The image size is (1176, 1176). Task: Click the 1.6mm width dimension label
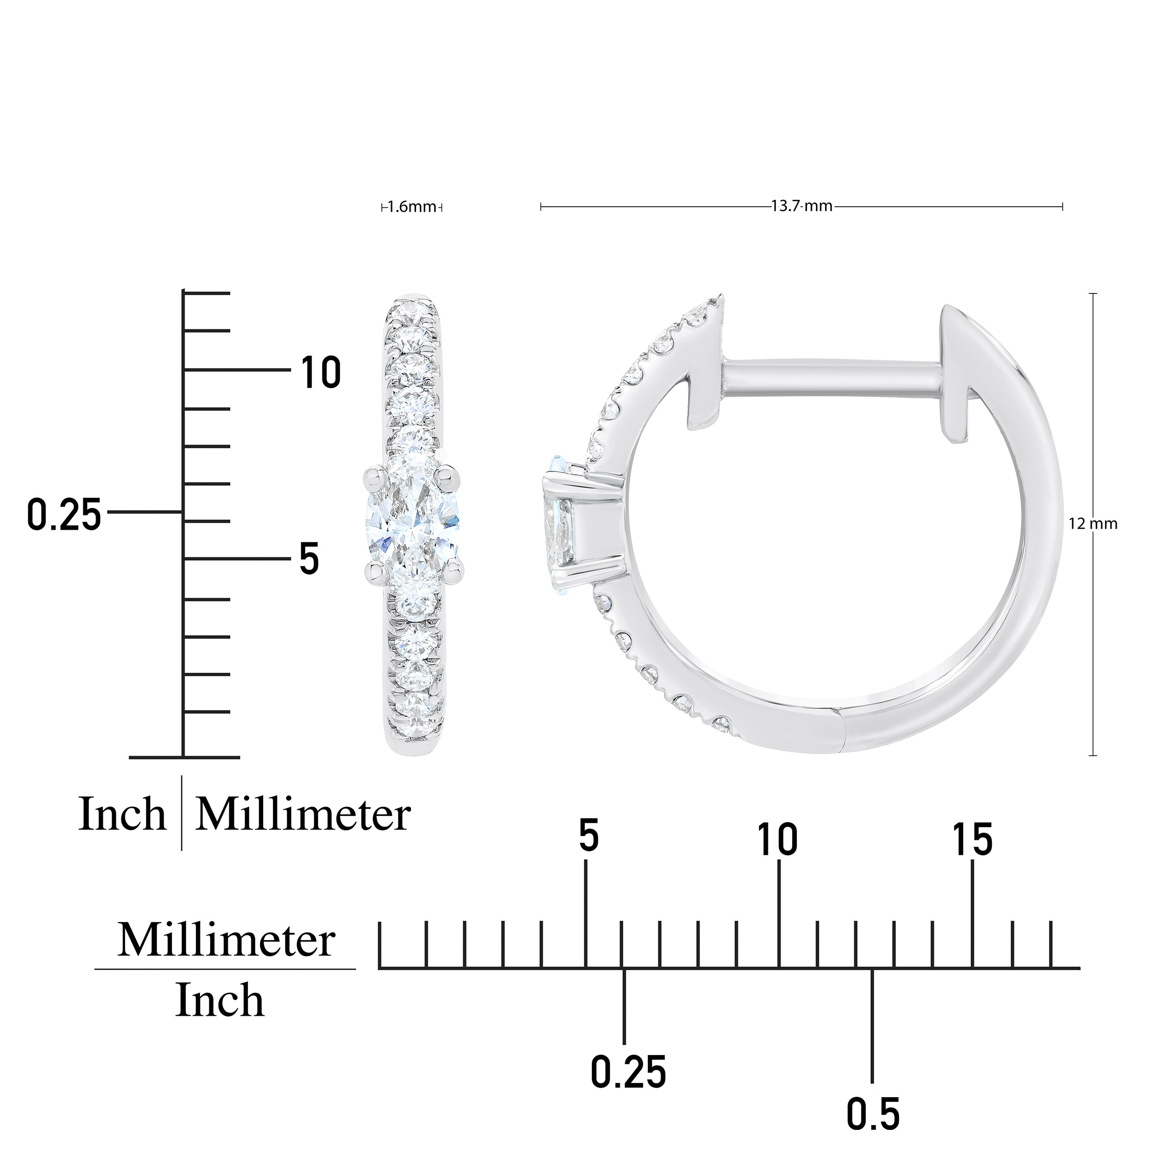coord(412,207)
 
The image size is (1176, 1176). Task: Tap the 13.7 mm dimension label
coord(802,206)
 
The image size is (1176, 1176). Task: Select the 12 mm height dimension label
coord(1093,523)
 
